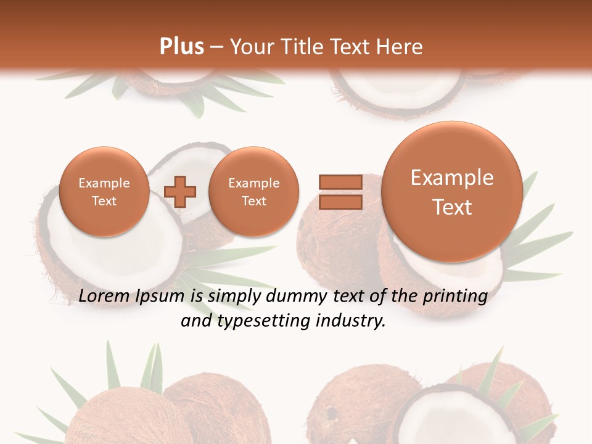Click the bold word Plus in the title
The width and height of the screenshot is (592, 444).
(181, 46)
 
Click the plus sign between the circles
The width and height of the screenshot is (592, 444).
(180, 192)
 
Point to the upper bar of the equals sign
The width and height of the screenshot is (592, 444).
(340, 182)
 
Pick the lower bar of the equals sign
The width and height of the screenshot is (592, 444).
(340, 202)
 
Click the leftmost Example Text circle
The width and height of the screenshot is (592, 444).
(104, 192)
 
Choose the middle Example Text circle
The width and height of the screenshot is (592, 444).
(253, 192)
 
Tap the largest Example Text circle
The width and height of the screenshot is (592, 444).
(452, 192)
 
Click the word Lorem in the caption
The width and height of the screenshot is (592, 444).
(104, 297)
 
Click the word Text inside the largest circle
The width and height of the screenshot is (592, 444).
(452, 207)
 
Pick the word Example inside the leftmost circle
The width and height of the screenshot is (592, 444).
(104, 183)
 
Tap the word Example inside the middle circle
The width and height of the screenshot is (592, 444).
(253, 183)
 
